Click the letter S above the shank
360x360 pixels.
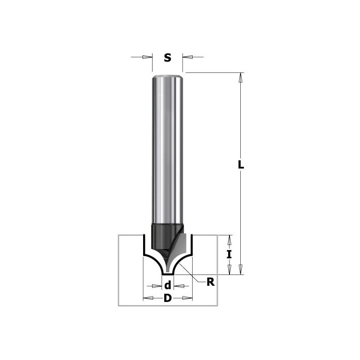click(x=167, y=58)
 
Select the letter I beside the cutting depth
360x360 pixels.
click(x=229, y=255)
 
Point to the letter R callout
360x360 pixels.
click(x=210, y=282)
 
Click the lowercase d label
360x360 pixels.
click(x=167, y=285)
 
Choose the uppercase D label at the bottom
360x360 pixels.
click(x=167, y=298)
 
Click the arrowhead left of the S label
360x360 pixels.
click(x=147, y=57)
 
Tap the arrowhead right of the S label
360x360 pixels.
click(x=188, y=57)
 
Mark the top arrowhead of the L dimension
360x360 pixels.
click(x=241, y=77)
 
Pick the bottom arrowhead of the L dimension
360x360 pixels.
click(x=241, y=269)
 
